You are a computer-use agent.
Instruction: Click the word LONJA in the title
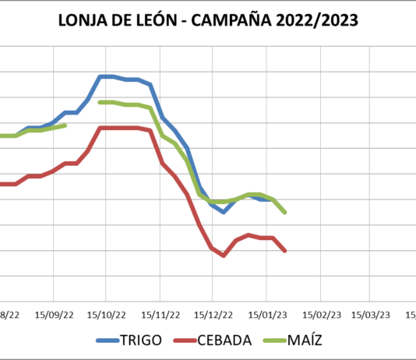point(83,21)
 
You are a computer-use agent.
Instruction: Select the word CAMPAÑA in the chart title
point(234,21)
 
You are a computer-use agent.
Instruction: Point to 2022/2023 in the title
point(320,21)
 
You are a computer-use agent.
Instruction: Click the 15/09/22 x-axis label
point(54,314)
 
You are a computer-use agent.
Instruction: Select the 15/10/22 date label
point(107,314)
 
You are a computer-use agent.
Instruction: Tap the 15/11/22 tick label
point(160,314)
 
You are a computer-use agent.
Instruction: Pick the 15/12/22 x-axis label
point(213,314)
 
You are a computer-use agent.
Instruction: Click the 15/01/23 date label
point(266,314)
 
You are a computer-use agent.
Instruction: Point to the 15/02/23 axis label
point(320,314)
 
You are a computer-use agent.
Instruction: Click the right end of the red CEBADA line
point(285,251)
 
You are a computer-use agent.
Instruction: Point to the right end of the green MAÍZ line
point(285,212)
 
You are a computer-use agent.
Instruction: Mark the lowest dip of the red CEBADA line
point(224,256)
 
